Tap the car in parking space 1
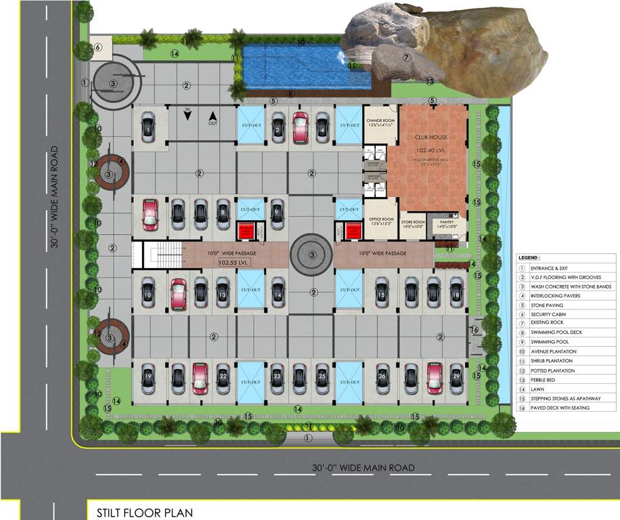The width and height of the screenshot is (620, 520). coord(148,127)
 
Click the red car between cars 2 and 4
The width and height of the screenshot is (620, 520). coord(300,126)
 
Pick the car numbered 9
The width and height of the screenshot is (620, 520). coord(277,214)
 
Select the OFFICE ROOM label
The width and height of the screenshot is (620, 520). coord(381,219)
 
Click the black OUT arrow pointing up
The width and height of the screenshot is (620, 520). coord(212,115)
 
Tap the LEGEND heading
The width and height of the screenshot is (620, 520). coord(529,258)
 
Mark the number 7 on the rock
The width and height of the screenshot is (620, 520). coord(407,58)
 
